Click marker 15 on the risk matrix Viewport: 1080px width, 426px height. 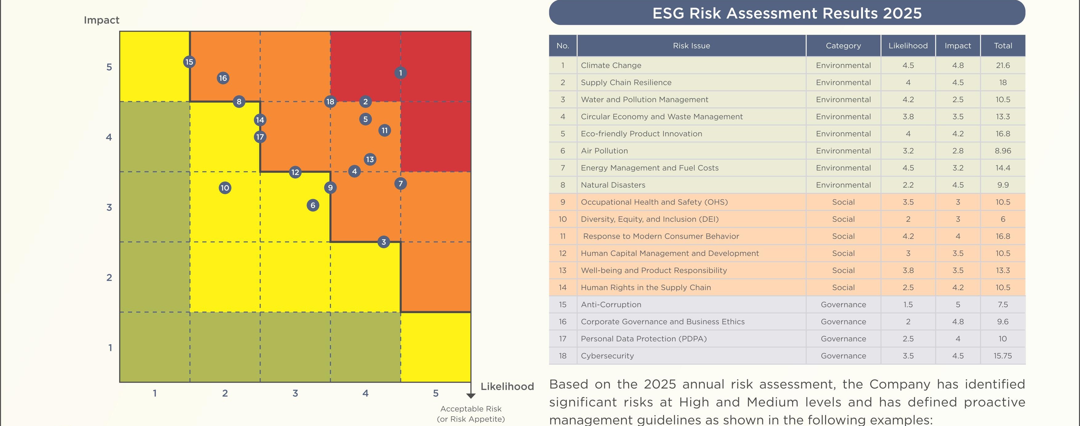[x=189, y=62]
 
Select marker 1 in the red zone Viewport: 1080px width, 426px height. [x=401, y=73]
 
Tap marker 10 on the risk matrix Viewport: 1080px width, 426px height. [x=225, y=188]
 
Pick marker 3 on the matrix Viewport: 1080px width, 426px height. [x=383, y=242]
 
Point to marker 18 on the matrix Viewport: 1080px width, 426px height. [x=330, y=102]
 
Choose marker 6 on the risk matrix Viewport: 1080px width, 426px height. [x=313, y=205]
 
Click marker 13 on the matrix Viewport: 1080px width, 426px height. [x=369, y=159]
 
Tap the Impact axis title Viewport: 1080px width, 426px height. [x=102, y=20]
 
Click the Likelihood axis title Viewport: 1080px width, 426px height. [x=507, y=386]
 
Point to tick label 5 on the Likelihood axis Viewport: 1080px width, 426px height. [x=436, y=393]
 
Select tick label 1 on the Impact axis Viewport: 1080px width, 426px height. [x=110, y=348]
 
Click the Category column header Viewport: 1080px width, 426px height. [x=843, y=46]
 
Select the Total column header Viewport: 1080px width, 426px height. [x=1003, y=46]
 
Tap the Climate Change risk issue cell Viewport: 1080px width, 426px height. [x=611, y=65]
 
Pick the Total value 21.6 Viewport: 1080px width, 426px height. [x=1003, y=65]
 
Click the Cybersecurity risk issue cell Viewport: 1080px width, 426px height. [x=607, y=356]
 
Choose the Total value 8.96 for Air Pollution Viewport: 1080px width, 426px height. [x=1003, y=151]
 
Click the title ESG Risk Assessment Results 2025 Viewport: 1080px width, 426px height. [x=787, y=13]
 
